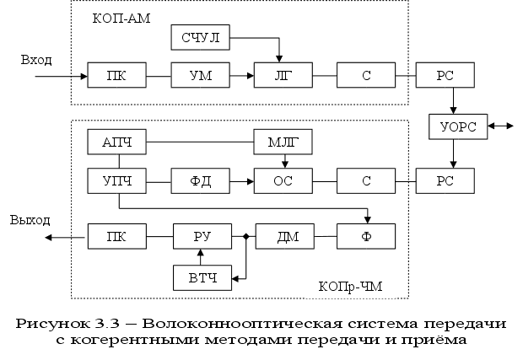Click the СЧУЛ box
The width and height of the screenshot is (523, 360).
point(200,37)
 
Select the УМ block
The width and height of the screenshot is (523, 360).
point(200,76)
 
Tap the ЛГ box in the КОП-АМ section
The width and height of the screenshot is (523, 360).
point(283,76)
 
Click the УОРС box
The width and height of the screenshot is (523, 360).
point(458,126)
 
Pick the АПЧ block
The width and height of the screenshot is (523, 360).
point(117,142)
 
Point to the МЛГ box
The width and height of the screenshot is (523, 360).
point(283,142)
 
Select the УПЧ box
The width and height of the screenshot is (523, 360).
point(117,180)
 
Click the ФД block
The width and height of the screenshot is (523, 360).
point(200,180)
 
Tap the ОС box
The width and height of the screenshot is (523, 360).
point(283,180)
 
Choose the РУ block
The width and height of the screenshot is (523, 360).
point(200,237)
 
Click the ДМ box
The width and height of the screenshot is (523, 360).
point(283,237)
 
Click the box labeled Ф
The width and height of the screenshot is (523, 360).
point(365,237)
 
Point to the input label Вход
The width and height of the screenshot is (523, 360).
point(37,60)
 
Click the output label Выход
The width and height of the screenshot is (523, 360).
point(30,220)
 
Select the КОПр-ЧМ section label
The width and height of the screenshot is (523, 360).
point(352,287)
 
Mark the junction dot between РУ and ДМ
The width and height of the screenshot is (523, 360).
point(245,237)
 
